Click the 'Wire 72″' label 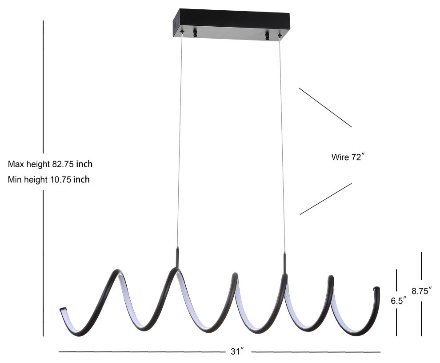pyautogui.click(x=348, y=157)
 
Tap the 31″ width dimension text pyautogui.click(x=236, y=351)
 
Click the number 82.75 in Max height pyautogui.click(x=63, y=164)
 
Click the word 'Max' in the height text pyautogui.click(x=16, y=164)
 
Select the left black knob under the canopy pyautogui.click(x=195, y=34)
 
